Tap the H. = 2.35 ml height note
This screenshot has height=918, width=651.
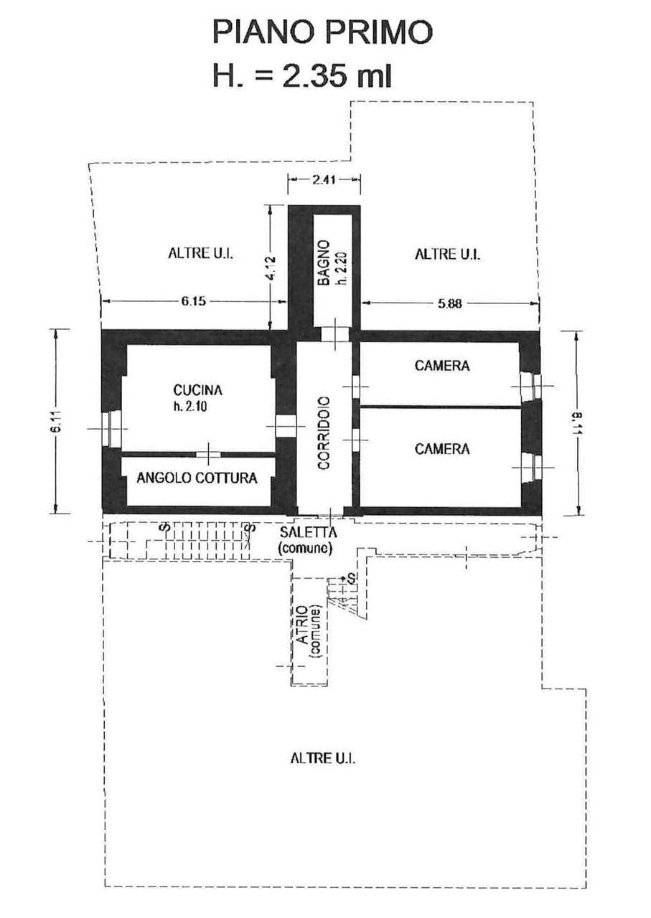coord(302,76)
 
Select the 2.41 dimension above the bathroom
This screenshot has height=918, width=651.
coord(324,179)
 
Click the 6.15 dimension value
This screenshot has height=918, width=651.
coord(193,302)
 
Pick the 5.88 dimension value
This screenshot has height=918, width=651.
coord(449,303)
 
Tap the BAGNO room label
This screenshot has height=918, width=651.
coord(324,263)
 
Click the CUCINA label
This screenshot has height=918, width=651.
coord(197,389)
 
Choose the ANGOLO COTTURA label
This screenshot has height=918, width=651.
coord(197,478)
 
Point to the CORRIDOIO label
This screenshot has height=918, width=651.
coord(324,432)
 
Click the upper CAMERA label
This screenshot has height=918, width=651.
coord(442,365)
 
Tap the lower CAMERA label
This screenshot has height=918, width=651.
coord(442,449)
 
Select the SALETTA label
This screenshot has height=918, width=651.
coord(308,532)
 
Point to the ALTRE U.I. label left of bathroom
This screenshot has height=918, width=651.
coord(200,253)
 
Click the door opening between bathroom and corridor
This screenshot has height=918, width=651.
coord(334,334)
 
